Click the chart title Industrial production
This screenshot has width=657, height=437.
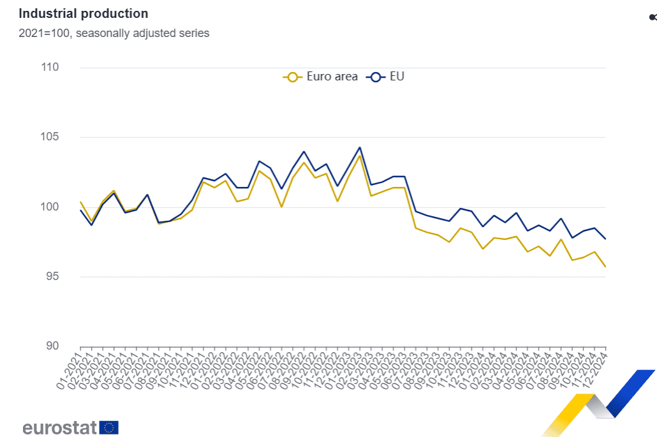83,13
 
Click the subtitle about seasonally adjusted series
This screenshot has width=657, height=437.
114,33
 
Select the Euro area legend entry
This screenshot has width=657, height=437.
320,77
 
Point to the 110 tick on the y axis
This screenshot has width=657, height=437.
49,68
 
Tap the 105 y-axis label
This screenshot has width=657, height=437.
49,137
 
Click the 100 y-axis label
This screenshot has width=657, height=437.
49,207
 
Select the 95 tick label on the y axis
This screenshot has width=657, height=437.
51,276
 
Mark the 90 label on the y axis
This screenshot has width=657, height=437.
51,346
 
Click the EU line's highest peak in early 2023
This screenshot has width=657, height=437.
360,147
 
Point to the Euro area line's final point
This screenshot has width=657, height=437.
605,267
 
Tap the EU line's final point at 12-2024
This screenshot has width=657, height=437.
605,239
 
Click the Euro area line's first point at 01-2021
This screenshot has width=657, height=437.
80,202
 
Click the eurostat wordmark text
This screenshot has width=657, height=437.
59,427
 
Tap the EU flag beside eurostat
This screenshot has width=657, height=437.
109,427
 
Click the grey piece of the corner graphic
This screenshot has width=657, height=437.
600,407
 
